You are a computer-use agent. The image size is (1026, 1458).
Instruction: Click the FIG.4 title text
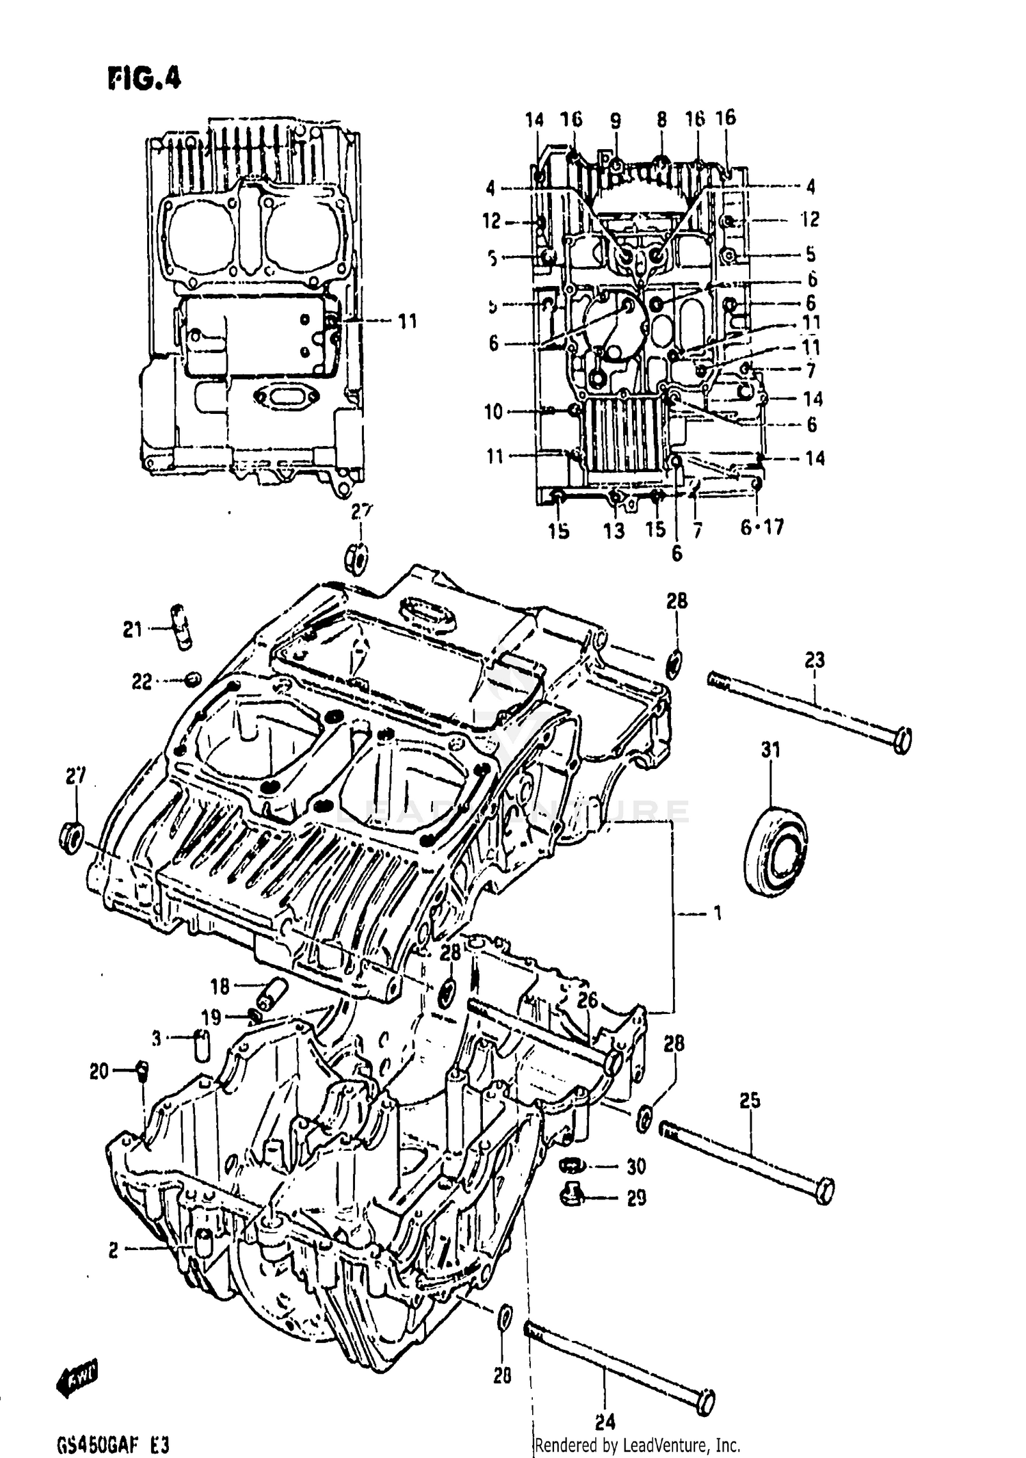pyautogui.click(x=144, y=79)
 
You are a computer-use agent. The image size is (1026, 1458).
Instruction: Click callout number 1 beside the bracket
pyautogui.click(x=717, y=913)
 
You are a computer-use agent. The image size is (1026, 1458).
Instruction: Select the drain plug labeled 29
pyautogui.click(x=570, y=1195)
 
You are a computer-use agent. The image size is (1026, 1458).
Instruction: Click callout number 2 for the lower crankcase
pyautogui.click(x=114, y=1250)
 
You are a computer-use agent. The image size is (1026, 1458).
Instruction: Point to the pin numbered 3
pyautogui.click(x=202, y=1044)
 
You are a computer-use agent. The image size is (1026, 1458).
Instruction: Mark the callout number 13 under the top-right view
pyautogui.click(x=614, y=530)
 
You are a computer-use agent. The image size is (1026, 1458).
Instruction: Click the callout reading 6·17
pyautogui.click(x=763, y=528)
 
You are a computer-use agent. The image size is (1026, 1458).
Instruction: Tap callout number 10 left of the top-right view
pyautogui.click(x=493, y=412)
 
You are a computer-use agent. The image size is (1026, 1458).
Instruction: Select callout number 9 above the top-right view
pyautogui.click(x=616, y=121)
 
